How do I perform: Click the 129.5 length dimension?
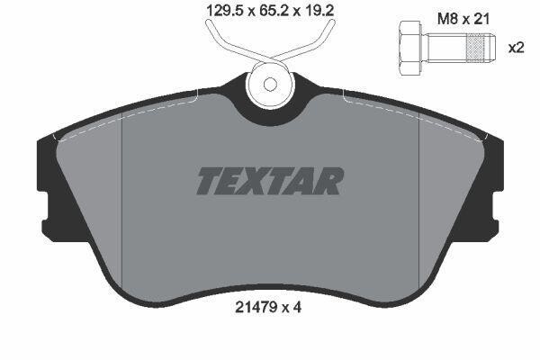tap(225, 11)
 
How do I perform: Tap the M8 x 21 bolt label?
tap(463, 19)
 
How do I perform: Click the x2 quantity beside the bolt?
tap(517, 48)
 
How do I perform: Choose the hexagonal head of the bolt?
tap(410, 48)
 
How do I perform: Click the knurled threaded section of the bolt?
tap(474, 48)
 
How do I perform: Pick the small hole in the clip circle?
tap(270, 85)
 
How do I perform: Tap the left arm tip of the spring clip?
tap(209, 22)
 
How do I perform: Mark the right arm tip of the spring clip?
tap(331, 22)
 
